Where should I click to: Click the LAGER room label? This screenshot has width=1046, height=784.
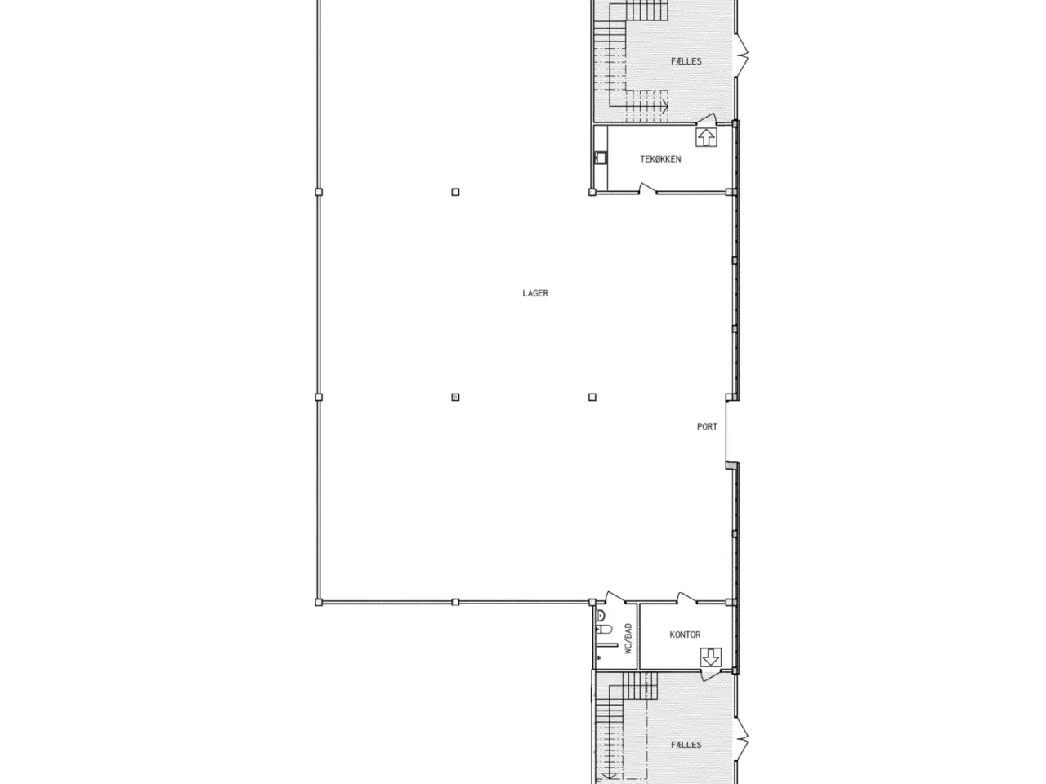click(x=535, y=293)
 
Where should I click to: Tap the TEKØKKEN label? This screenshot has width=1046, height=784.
click(x=660, y=159)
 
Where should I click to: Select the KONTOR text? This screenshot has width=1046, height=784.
click(x=685, y=635)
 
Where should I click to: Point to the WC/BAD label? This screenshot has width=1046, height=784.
click(x=628, y=639)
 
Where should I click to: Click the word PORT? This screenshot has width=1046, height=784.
click(x=707, y=426)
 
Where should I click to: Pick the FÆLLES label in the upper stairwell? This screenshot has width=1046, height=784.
click(x=686, y=61)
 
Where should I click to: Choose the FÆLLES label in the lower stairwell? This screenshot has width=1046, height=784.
click(x=686, y=745)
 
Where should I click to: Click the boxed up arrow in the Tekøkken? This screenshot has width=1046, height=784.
click(x=706, y=136)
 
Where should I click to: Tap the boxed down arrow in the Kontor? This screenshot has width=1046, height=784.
click(x=711, y=657)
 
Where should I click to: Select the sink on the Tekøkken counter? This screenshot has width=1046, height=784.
click(x=601, y=158)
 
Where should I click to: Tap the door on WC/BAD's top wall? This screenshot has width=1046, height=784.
click(x=612, y=599)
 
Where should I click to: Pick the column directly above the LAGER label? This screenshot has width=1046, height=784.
click(x=455, y=193)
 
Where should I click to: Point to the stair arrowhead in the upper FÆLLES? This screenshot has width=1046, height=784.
click(x=666, y=105)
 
